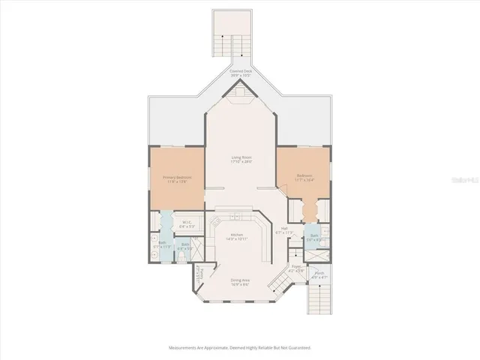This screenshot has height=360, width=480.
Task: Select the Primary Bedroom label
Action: tap(177, 178)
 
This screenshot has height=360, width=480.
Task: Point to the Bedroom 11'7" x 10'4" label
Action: tap(304, 178)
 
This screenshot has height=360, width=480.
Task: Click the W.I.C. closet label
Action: tap(187, 223)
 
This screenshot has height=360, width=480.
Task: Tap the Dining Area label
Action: tap(240, 282)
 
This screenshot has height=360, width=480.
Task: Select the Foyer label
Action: tap(297, 268)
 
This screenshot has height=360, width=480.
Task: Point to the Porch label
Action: tap(319, 275)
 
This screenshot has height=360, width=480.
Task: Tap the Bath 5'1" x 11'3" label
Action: tap(163, 245)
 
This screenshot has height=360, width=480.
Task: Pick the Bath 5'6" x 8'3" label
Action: tap(315, 238)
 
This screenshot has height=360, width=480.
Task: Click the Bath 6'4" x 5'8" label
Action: tap(184, 246)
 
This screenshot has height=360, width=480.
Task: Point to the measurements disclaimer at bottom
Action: tap(240, 348)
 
